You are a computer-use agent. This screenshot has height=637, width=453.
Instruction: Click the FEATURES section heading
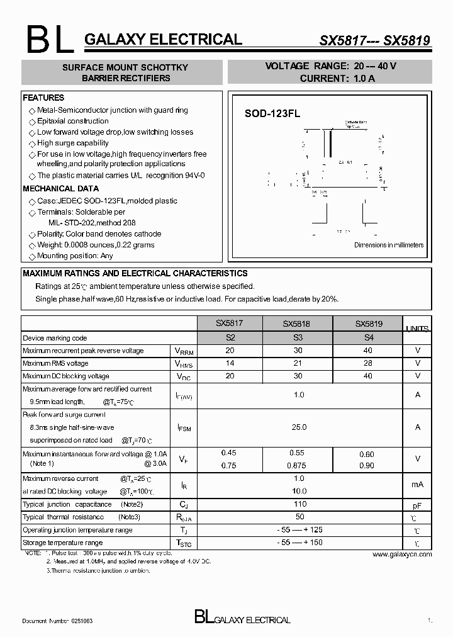pyautogui.click(x=43, y=98)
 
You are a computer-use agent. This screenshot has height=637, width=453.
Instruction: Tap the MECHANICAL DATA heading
pyautogui.click(x=60, y=188)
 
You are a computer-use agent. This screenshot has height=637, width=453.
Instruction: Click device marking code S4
pyautogui.click(x=368, y=338)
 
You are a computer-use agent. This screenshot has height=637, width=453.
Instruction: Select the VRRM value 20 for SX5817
pyautogui.click(x=230, y=351)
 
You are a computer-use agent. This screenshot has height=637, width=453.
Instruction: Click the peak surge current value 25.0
pyautogui.click(x=299, y=427)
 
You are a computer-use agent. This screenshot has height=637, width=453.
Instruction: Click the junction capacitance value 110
pyautogui.click(x=299, y=504)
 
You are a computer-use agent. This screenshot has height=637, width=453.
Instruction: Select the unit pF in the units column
pyautogui.click(x=417, y=505)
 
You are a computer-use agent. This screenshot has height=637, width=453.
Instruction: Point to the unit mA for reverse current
pyautogui.click(x=417, y=484)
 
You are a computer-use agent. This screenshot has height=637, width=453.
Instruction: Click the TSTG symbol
pyautogui.click(x=184, y=543)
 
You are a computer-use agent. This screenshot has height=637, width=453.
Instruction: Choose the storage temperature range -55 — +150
pyautogui.click(x=299, y=543)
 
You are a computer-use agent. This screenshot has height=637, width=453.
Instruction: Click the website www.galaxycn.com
pyautogui.click(x=402, y=555)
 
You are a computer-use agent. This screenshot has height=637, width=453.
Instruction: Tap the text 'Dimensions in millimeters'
pyautogui.click(x=388, y=245)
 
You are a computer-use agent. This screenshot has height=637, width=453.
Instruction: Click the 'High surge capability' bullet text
pyautogui.click(x=72, y=143)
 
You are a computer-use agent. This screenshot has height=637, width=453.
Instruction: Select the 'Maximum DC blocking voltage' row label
pyautogui.click(x=66, y=376)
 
